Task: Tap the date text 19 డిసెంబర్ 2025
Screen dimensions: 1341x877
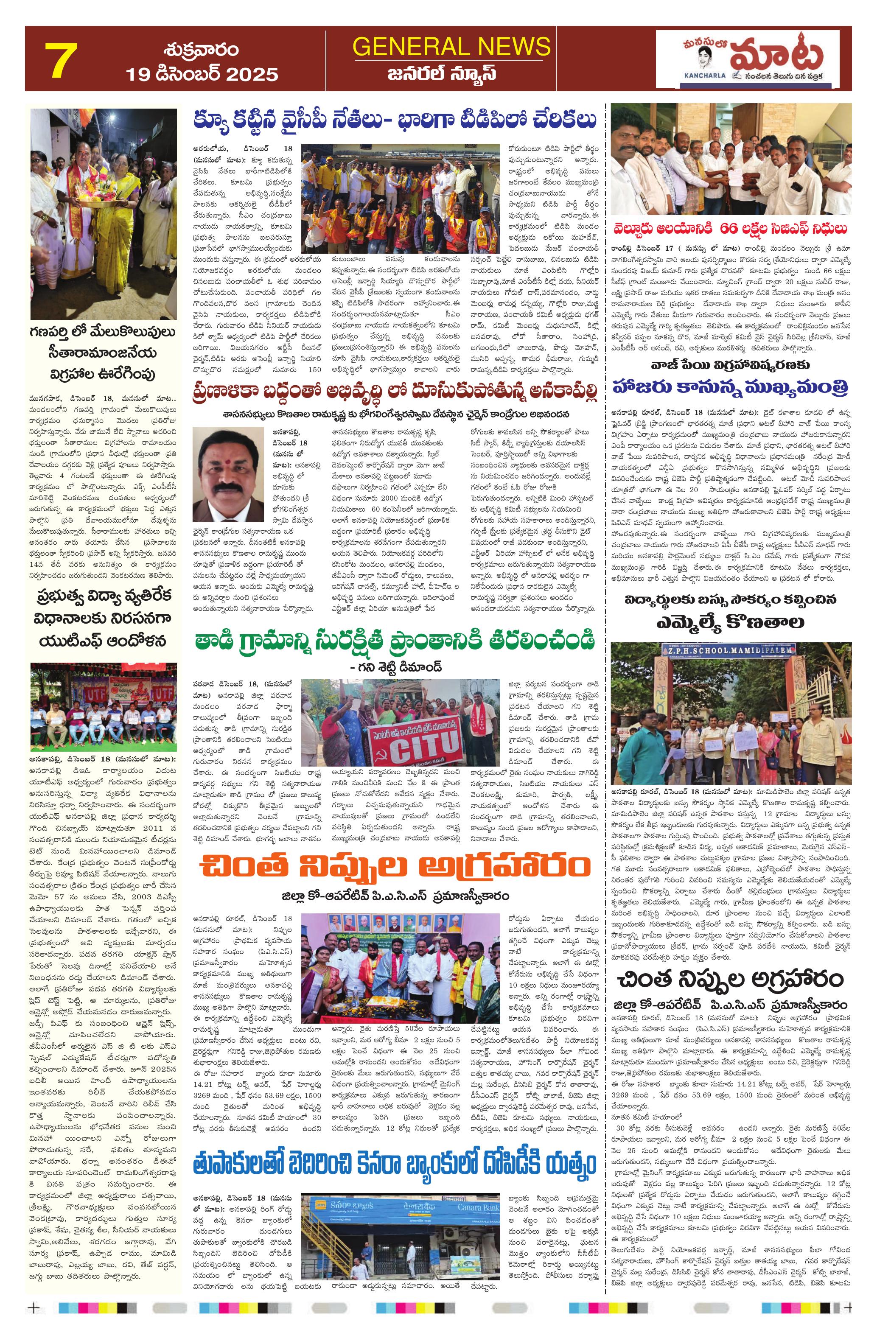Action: (202, 74)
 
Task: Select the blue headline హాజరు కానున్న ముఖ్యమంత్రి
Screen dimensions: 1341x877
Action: (731, 388)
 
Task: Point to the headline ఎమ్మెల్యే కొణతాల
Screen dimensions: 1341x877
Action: (731, 622)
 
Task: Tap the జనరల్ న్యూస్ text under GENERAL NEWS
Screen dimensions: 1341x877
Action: (452, 74)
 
